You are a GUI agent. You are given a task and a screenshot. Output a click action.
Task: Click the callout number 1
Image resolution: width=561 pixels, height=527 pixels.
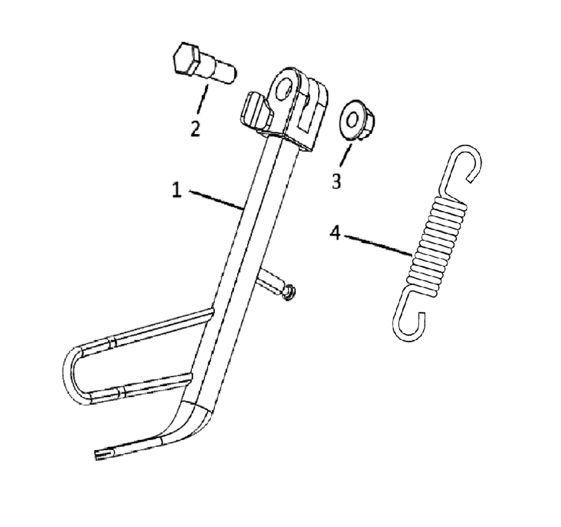[x=177, y=190]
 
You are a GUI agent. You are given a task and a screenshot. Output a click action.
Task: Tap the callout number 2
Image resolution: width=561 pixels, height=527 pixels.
[x=195, y=128]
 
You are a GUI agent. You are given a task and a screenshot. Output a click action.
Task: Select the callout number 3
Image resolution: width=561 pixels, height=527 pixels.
[x=336, y=181]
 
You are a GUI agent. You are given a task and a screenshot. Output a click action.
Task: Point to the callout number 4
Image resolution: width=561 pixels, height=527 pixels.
[x=335, y=233]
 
